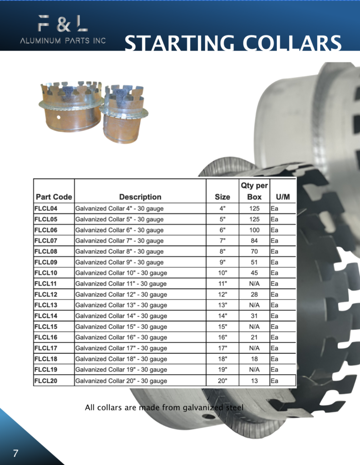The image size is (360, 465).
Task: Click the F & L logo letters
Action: point(63,24)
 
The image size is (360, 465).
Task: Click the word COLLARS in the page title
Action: point(292,43)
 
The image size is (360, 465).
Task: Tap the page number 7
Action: point(15,453)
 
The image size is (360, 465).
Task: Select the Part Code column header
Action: point(54,197)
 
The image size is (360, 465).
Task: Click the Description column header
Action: point(140,197)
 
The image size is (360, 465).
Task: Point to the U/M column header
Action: point(283,197)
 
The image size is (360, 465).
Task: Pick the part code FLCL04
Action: point(46,208)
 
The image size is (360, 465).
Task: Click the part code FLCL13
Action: point(46,305)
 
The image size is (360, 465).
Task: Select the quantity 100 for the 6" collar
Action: point(254,230)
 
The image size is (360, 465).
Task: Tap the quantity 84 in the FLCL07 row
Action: point(254,241)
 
